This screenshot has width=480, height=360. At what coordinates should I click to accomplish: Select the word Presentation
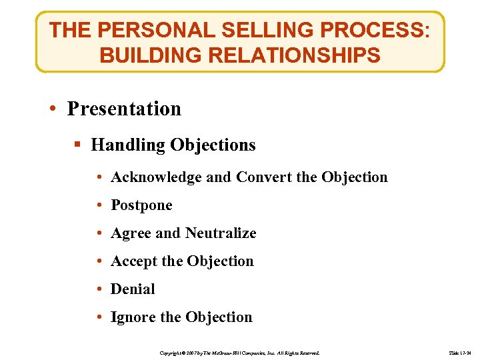pyautogui.click(x=124, y=109)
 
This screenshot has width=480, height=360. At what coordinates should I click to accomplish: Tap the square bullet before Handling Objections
pyautogui.click(x=79, y=145)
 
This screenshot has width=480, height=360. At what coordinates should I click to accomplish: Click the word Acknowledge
pyautogui.click(x=156, y=177)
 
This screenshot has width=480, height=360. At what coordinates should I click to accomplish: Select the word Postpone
pyautogui.click(x=141, y=205)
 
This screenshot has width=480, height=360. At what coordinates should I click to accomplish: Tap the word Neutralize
pyautogui.click(x=220, y=233)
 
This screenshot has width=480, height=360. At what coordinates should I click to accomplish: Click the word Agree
pyautogui.click(x=131, y=233)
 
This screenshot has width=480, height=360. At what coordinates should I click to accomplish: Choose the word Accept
pyautogui.click(x=134, y=261)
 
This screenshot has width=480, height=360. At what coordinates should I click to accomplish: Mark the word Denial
pyautogui.click(x=133, y=289)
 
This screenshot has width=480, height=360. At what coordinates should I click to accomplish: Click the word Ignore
pyautogui.click(x=133, y=317)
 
